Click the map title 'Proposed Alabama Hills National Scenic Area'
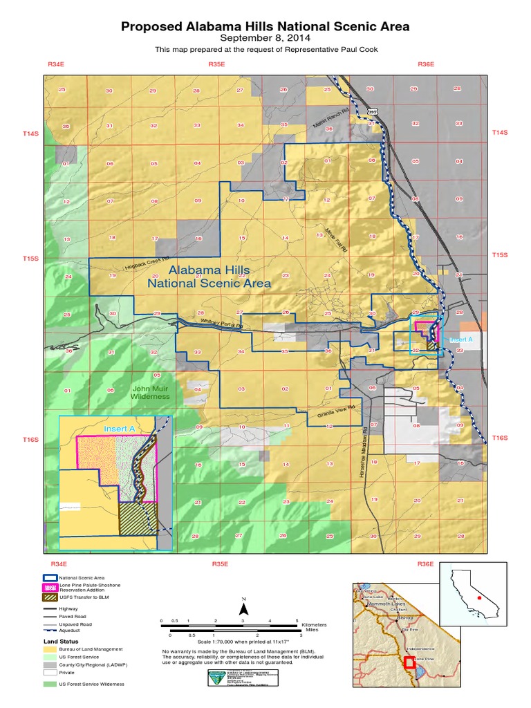pos(265,27)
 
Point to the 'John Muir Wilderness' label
pos(150,393)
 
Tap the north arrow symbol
pos(243,608)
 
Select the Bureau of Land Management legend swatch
pos(48,649)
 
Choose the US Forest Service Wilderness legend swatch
pos(48,684)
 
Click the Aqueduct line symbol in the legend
pos(48,630)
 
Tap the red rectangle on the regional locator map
pos(409,662)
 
